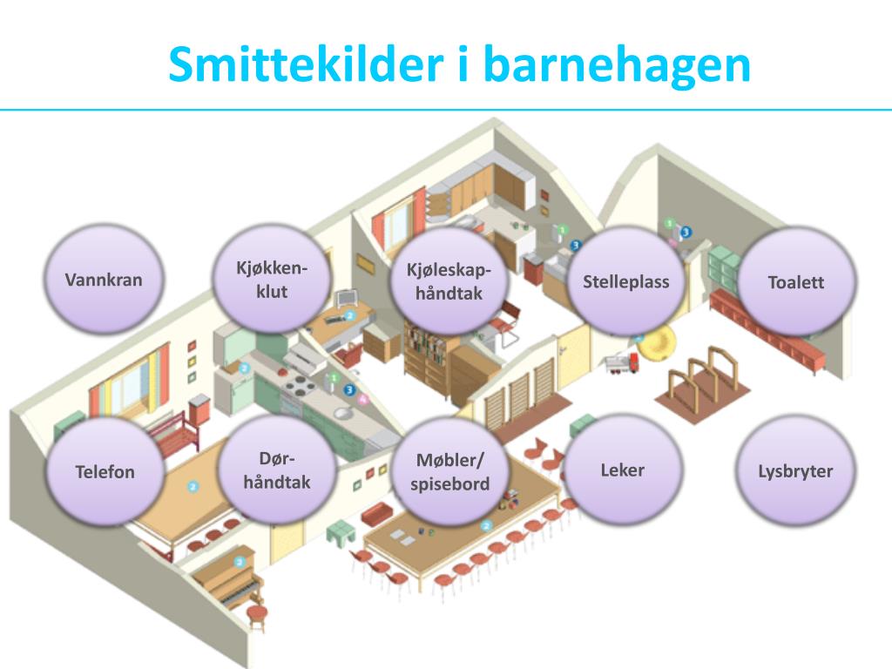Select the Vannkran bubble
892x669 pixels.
pyautogui.click(x=104, y=280)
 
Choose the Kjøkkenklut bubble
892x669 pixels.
pyautogui.click(x=272, y=280)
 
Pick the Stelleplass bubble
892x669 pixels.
pyautogui.click(x=625, y=281)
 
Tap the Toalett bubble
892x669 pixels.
pyautogui.click(x=795, y=282)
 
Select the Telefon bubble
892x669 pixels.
pyautogui.click(x=105, y=471)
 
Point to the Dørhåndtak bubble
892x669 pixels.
pyautogui.click(x=277, y=470)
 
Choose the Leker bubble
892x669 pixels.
pyautogui.click(x=623, y=470)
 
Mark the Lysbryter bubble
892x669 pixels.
pyautogui.click(x=795, y=471)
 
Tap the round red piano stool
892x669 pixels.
pyautogui.click(x=256, y=614)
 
